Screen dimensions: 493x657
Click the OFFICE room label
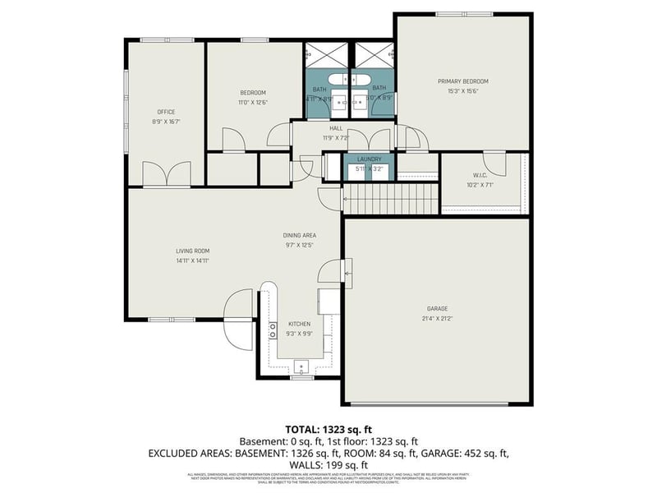[166, 112]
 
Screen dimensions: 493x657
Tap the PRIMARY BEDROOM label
[462, 81]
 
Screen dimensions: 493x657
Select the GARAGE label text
[436, 309]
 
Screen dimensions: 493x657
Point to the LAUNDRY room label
[369, 159]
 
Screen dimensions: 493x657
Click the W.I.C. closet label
[480, 175]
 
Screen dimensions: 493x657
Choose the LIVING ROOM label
[193, 251]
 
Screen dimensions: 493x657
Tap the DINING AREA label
[301, 235]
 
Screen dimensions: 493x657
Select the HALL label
[336, 128]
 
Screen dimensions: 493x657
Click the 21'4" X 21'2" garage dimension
[436, 318]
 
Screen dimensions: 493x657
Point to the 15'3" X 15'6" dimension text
[462, 91]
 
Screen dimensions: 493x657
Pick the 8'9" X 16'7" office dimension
[166, 122]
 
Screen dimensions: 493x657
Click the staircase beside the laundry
[390, 198]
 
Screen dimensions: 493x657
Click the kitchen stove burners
[273, 331]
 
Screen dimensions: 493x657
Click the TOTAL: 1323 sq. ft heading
[328, 429]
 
